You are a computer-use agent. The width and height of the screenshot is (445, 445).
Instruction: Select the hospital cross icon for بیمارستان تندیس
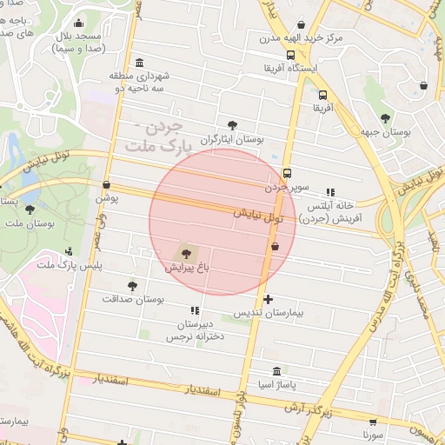(x=268, y=299)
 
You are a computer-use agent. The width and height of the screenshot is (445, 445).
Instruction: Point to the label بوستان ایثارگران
(x=230, y=138)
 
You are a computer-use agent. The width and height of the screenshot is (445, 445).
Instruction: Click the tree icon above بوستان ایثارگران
(x=231, y=125)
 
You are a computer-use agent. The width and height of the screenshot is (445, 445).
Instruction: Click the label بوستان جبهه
(x=386, y=132)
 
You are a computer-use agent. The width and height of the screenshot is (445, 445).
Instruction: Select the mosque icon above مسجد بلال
(x=80, y=23)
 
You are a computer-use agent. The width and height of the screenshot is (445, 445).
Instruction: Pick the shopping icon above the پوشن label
(x=106, y=184)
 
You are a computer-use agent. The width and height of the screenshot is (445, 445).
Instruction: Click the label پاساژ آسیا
(x=276, y=383)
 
